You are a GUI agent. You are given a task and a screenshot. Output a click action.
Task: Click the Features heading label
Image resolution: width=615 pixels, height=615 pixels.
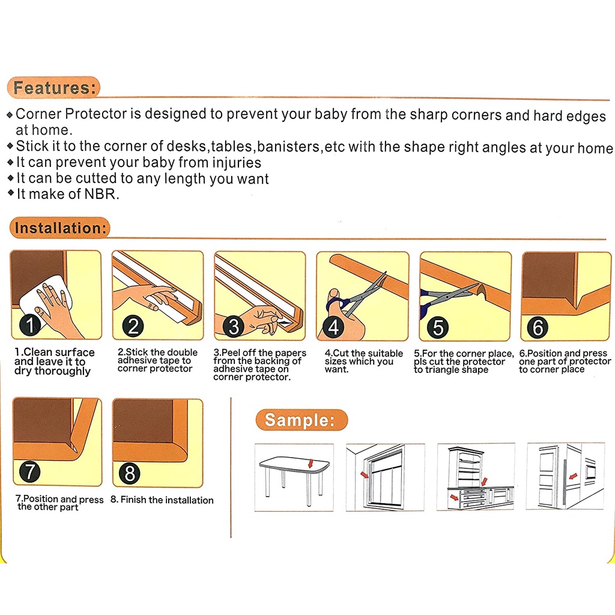(54, 88)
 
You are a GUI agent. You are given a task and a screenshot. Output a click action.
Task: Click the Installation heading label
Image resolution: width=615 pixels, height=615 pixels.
(60, 228)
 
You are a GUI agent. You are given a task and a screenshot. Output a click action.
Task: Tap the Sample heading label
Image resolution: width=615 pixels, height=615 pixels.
(300, 420)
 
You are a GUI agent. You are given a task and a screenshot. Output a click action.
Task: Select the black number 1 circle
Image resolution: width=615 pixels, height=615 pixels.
(31, 326)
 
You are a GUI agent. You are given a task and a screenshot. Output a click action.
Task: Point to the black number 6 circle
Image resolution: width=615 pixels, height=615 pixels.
(538, 329)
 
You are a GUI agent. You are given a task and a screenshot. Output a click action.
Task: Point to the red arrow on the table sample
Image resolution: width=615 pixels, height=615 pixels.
(309, 462)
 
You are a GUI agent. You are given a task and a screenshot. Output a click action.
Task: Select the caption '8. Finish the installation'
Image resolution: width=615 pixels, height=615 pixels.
(162, 500)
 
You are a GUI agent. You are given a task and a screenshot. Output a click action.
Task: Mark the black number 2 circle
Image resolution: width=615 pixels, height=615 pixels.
(133, 326)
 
